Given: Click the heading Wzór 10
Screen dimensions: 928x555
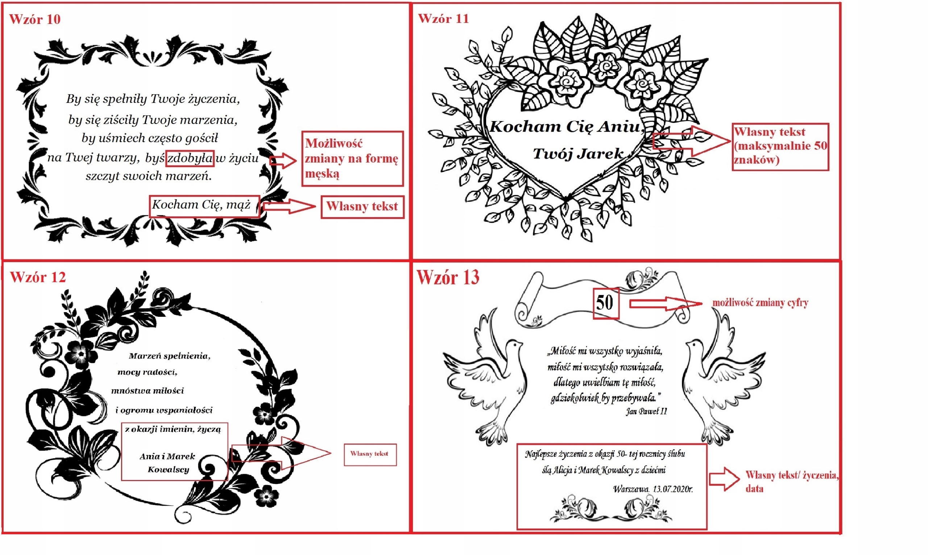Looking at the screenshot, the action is pyautogui.click(x=35, y=19).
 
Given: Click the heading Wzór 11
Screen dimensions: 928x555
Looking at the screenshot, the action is pyautogui.click(x=443, y=18).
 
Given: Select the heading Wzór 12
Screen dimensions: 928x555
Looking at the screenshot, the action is pyautogui.click(x=38, y=277).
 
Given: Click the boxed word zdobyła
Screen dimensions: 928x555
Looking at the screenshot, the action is pyautogui.click(x=190, y=158).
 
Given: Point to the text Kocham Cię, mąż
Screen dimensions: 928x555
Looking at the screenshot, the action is pyautogui.click(x=201, y=205).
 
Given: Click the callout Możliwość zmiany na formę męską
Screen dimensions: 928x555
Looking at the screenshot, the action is pyautogui.click(x=352, y=158).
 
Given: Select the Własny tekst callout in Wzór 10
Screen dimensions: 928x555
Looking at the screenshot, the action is pyautogui.click(x=362, y=207).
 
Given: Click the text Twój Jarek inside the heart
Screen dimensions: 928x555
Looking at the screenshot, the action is pyautogui.click(x=578, y=153).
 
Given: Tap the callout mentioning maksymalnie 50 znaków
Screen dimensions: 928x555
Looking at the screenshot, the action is pyautogui.click(x=780, y=146).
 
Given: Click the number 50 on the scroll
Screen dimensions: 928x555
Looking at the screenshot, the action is pyautogui.click(x=605, y=303).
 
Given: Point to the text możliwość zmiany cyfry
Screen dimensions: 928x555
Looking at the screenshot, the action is pyautogui.click(x=761, y=303).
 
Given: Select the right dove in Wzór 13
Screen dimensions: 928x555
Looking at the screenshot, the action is pyautogui.click(x=724, y=378).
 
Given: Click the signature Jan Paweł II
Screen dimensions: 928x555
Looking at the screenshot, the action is pyautogui.click(x=646, y=412).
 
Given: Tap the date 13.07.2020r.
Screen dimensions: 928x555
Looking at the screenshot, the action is pyautogui.click(x=673, y=489).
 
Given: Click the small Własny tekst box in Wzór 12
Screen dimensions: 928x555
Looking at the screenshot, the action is pyautogui.click(x=370, y=454).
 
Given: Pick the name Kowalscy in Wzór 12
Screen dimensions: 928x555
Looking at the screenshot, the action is pyautogui.click(x=168, y=470).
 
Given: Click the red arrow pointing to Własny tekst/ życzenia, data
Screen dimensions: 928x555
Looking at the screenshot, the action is pyautogui.click(x=724, y=479).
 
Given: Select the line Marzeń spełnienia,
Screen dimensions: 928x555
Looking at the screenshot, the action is pyautogui.click(x=169, y=356).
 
